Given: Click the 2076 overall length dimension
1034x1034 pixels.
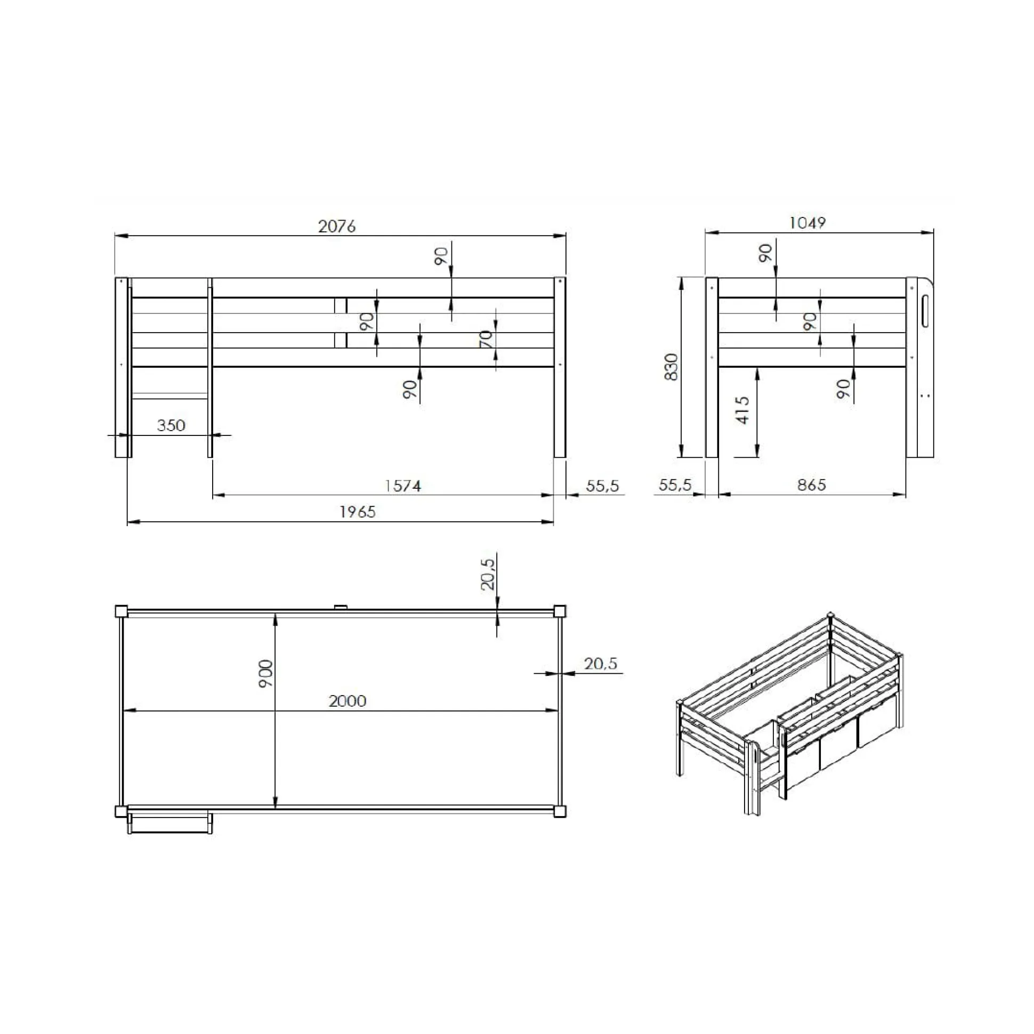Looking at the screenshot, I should [x=337, y=227].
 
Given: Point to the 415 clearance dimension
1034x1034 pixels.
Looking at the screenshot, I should [x=742, y=410].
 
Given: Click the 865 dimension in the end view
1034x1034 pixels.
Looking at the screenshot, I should [x=811, y=485].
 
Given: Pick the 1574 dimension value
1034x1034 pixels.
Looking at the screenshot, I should [x=403, y=486].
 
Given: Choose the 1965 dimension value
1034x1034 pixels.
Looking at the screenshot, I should [x=358, y=512].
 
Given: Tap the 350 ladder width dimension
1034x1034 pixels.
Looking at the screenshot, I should [x=171, y=425].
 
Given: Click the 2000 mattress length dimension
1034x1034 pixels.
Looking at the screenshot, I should [x=348, y=700].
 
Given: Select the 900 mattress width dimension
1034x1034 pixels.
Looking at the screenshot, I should [x=266, y=674].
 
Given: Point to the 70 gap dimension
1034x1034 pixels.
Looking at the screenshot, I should [x=485, y=339].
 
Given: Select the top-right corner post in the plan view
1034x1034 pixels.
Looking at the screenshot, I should [x=559, y=611].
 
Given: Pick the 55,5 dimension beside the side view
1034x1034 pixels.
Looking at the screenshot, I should [x=602, y=486].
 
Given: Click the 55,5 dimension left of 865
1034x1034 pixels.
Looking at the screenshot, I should [x=675, y=485].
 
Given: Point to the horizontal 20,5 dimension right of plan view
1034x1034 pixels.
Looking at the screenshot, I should [x=601, y=664].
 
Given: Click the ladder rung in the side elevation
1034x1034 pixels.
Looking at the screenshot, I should [x=169, y=396].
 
